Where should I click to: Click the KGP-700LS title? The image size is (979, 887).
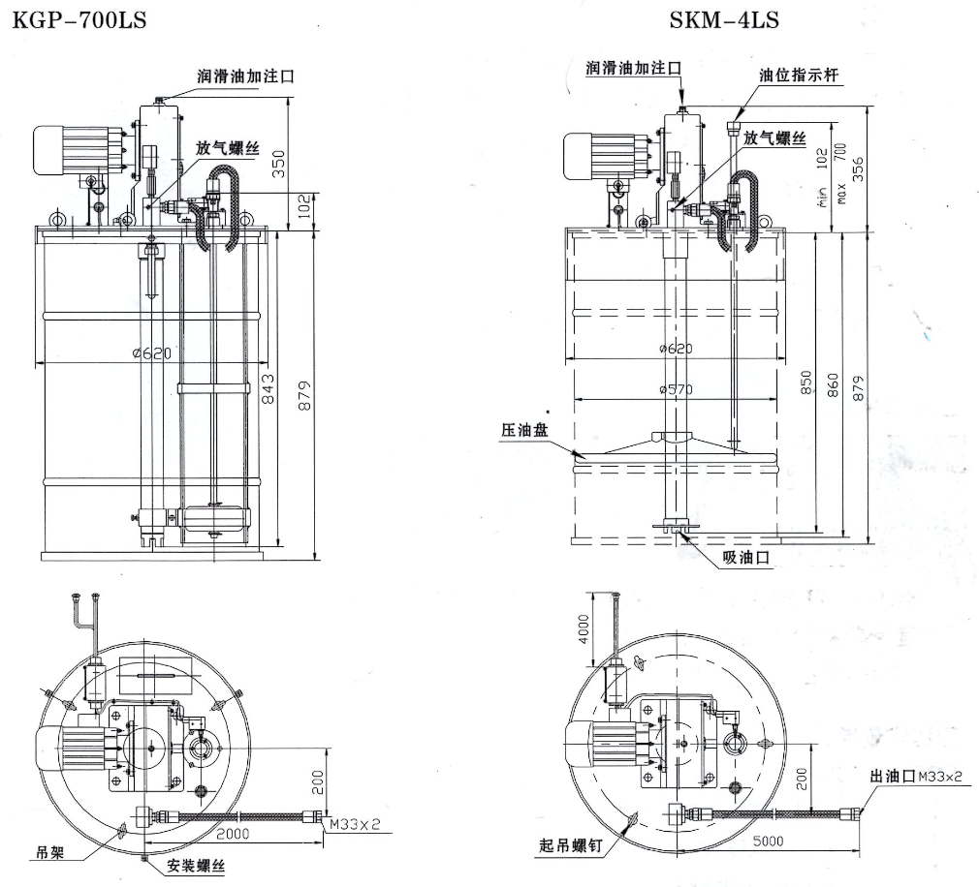[79, 18]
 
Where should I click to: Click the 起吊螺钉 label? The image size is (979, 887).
[571, 845]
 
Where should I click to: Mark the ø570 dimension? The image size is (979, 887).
[676, 389]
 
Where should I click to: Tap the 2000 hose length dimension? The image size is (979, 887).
[234, 834]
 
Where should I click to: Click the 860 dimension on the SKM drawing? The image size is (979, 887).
[833, 384]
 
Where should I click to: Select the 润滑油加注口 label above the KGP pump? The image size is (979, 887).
[244, 76]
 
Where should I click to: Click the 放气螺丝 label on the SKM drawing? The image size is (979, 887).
[774, 138]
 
